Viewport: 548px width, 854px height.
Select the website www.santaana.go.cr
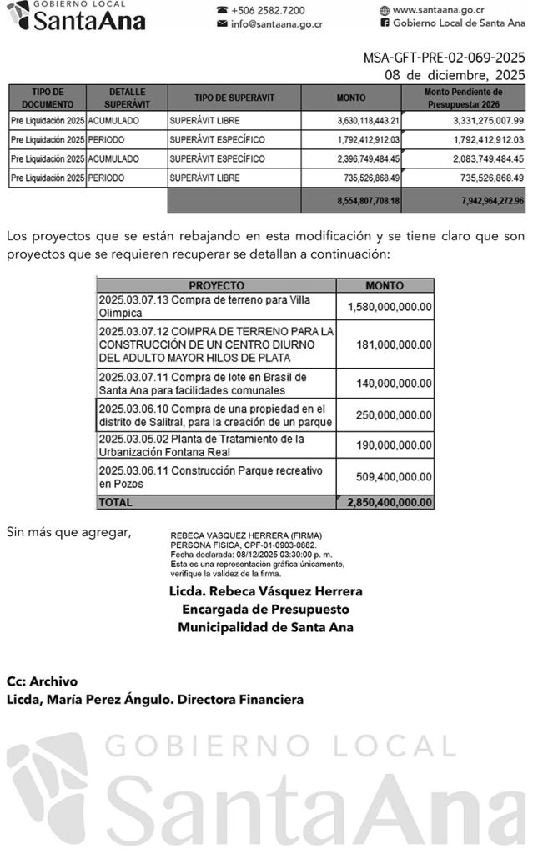click(440, 10)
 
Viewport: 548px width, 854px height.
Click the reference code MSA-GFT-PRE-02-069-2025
click(444, 58)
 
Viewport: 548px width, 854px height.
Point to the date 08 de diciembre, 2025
click(455, 75)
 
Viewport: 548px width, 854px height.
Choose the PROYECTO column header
click(216, 284)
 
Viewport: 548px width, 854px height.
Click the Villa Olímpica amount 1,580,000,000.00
click(389, 306)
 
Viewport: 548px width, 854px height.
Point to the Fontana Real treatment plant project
click(201, 445)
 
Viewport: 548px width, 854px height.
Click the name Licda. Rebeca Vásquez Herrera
click(265, 591)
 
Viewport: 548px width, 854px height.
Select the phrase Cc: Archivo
click(42, 681)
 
